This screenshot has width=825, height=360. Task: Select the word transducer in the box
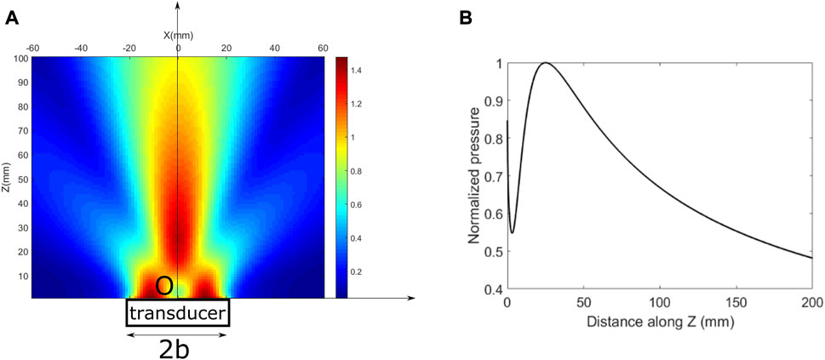tap(178, 314)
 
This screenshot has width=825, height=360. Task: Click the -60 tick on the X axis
tap(33, 48)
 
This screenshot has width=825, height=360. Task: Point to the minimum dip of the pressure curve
tap(513, 231)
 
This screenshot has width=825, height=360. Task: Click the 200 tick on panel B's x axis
tap(812, 304)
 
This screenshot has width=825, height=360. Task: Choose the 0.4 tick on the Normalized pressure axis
tap(491, 291)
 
